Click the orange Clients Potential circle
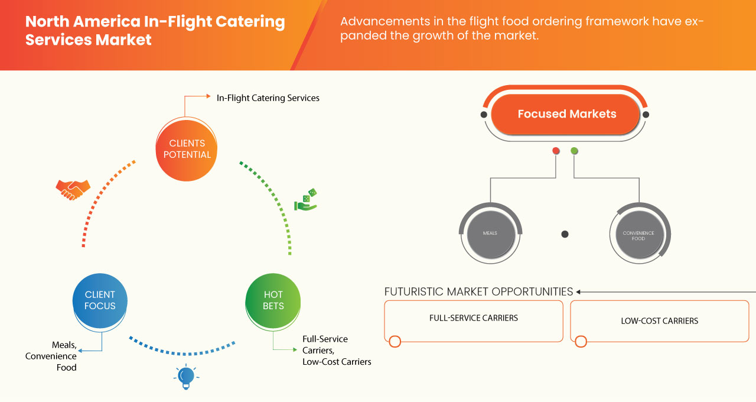click(186, 149)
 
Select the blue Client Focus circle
click(100, 300)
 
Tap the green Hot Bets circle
click(273, 300)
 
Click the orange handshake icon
click(73, 189)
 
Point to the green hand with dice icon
click(305, 200)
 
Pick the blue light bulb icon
click(186, 377)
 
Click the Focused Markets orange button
click(566, 114)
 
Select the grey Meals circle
click(490, 233)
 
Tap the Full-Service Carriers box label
click(473, 318)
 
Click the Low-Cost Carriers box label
click(659, 321)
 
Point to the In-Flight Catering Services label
click(268, 98)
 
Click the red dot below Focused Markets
click(556, 151)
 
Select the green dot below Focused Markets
click(574, 151)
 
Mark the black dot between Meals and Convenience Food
click(565, 234)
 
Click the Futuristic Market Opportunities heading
click(478, 291)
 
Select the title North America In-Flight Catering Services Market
click(155, 31)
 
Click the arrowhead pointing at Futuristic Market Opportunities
click(579, 291)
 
